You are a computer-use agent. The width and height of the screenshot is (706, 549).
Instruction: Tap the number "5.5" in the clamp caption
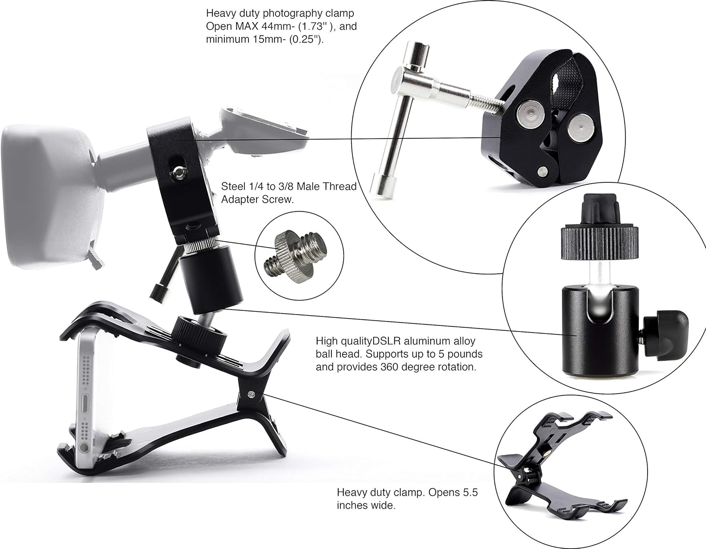click(469, 492)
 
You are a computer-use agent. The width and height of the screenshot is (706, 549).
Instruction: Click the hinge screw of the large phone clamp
click(251, 395)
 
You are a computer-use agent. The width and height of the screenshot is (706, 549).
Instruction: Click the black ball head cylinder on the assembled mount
click(211, 279)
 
